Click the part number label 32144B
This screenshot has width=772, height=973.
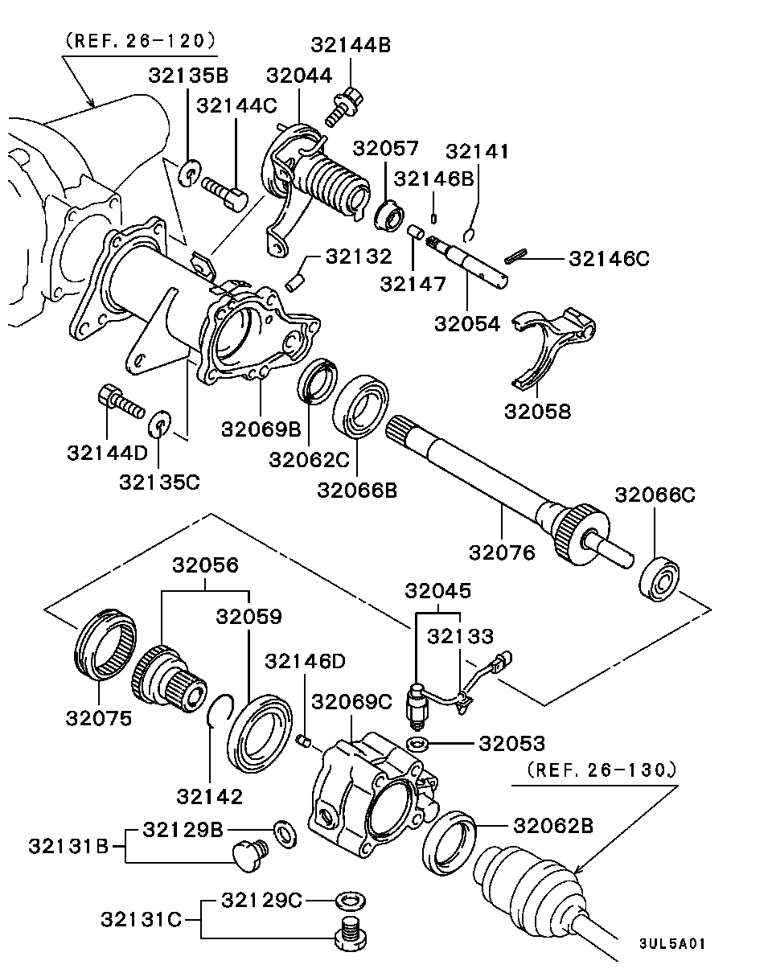[x=351, y=46]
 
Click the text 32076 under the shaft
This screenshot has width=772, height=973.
[x=502, y=552]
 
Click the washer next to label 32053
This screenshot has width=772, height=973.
[x=417, y=741]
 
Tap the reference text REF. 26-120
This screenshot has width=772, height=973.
[x=141, y=39]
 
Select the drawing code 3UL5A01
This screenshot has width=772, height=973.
[x=671, y=942]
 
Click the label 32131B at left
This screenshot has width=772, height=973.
[x=68, y=846]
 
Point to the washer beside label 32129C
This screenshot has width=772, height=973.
[x=347, y=898]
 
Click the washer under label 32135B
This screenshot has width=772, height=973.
[x=189, y=173]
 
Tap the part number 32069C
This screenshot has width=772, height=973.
[x=351, y=701]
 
